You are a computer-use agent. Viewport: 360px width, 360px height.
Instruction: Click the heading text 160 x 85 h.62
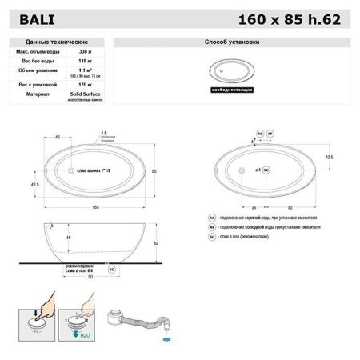click(295, 16)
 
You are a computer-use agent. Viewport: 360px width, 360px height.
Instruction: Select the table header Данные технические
click(57, 41)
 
